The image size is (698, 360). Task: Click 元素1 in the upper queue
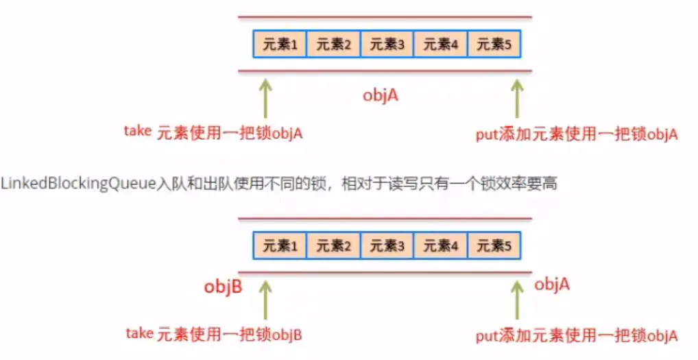(x=279, y=45)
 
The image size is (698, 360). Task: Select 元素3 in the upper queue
(x=387, y=45)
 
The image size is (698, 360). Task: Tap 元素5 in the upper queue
(x=494, y=45)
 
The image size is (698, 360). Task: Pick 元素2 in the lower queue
(x=333, y=245)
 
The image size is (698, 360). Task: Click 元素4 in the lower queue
(x=440, y=245)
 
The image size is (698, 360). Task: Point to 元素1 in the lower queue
(x=280, y=245)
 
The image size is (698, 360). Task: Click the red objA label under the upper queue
(x=381, y=95)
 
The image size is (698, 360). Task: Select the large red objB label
(x=223, y=287)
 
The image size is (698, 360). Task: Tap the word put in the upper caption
(x=485, y=134)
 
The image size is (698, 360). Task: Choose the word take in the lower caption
(x=139, y=333)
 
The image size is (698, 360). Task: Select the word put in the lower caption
(x=485, y=336)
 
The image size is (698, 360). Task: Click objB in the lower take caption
(x=287, y=335)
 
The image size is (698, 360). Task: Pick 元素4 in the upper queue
(x=440, y=45)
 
